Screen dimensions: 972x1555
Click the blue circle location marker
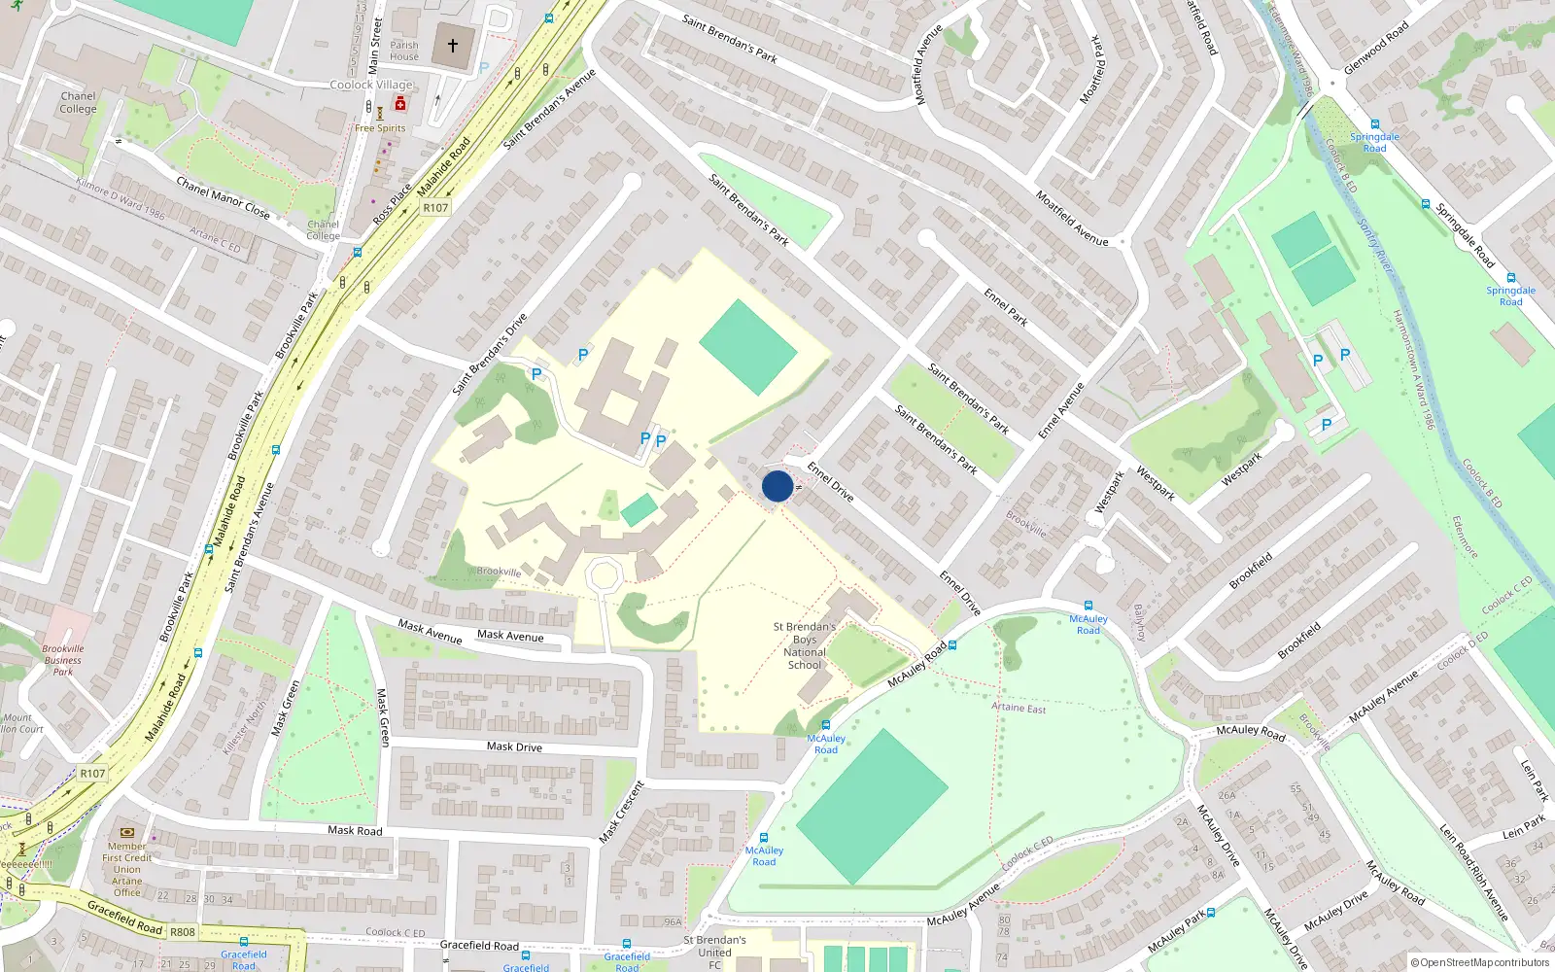pyautogui.click(x=777, y=486)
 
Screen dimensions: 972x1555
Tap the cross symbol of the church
pyautogui.click(x=453, y=46)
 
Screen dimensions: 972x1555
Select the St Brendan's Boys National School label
pyautogui.click(x=805, y=645)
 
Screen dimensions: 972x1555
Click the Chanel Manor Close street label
pyautogui.click(x=223, y=196)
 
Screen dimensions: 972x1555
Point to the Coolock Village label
pyautogui.click(x=371, y=85)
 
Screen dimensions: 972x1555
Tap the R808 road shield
pyautogui.click(x=183, y=931)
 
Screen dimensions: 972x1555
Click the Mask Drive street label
pyautogui.click(x=514, y=746)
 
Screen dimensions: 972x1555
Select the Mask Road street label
pyautogui.click(x=355, y=830)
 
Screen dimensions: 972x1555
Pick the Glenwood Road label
pyautogui.click(x=1375, y=49)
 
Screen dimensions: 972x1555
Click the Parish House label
pyautogui.click(x=404, y=51)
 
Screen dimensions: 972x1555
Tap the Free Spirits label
pyautogui.click(x=380, y=128)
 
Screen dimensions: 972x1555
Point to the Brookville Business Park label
pyautogui.click(x=63, y=660)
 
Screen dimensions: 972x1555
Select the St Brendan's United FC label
pyautogui.click(x=714, y=952)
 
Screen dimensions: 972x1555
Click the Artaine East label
pyautogui.click(x=1019, y=708)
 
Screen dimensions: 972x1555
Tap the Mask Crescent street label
pyautogui.click(x=622, y=812)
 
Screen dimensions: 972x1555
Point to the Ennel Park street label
pyautogui.click(x=1006, y=306)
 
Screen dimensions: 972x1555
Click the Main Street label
pyautogui.click(x=375, y=46)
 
